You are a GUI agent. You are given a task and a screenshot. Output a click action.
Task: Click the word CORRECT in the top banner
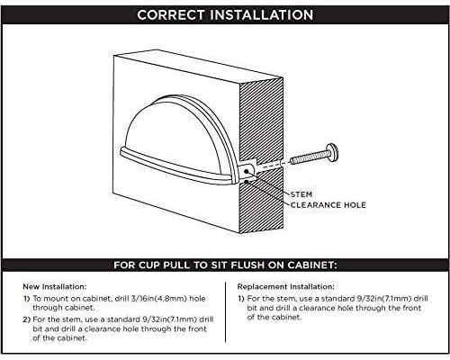(x=171, y=15)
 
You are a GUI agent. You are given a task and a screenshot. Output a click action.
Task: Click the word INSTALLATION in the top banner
(x=262, y=15)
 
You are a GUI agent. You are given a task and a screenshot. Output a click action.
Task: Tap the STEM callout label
(x=301, y=194)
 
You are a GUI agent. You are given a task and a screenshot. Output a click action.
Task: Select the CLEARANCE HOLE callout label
(x=328, y=205)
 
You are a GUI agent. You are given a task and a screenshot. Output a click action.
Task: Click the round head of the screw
(x=332, y=153)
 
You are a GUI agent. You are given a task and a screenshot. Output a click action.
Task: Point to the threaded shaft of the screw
(x=309, y=157)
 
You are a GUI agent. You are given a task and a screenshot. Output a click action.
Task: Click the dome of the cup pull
(x=177, y=132)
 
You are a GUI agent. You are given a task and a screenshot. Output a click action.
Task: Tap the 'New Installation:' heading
(x=55, y=286)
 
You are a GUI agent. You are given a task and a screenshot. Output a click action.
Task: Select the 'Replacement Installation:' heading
(x=285, y=286)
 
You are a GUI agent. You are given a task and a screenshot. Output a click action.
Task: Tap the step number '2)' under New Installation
(x=27, y=319)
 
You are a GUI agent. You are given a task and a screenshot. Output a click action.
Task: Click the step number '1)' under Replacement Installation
(x=241, y=299)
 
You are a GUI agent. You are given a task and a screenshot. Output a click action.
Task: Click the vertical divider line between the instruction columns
(x=225, y=312)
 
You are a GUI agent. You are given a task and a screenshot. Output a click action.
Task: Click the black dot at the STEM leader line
(x=247, y=171)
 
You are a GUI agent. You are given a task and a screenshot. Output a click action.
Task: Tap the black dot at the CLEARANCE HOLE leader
(x=247, y=182)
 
